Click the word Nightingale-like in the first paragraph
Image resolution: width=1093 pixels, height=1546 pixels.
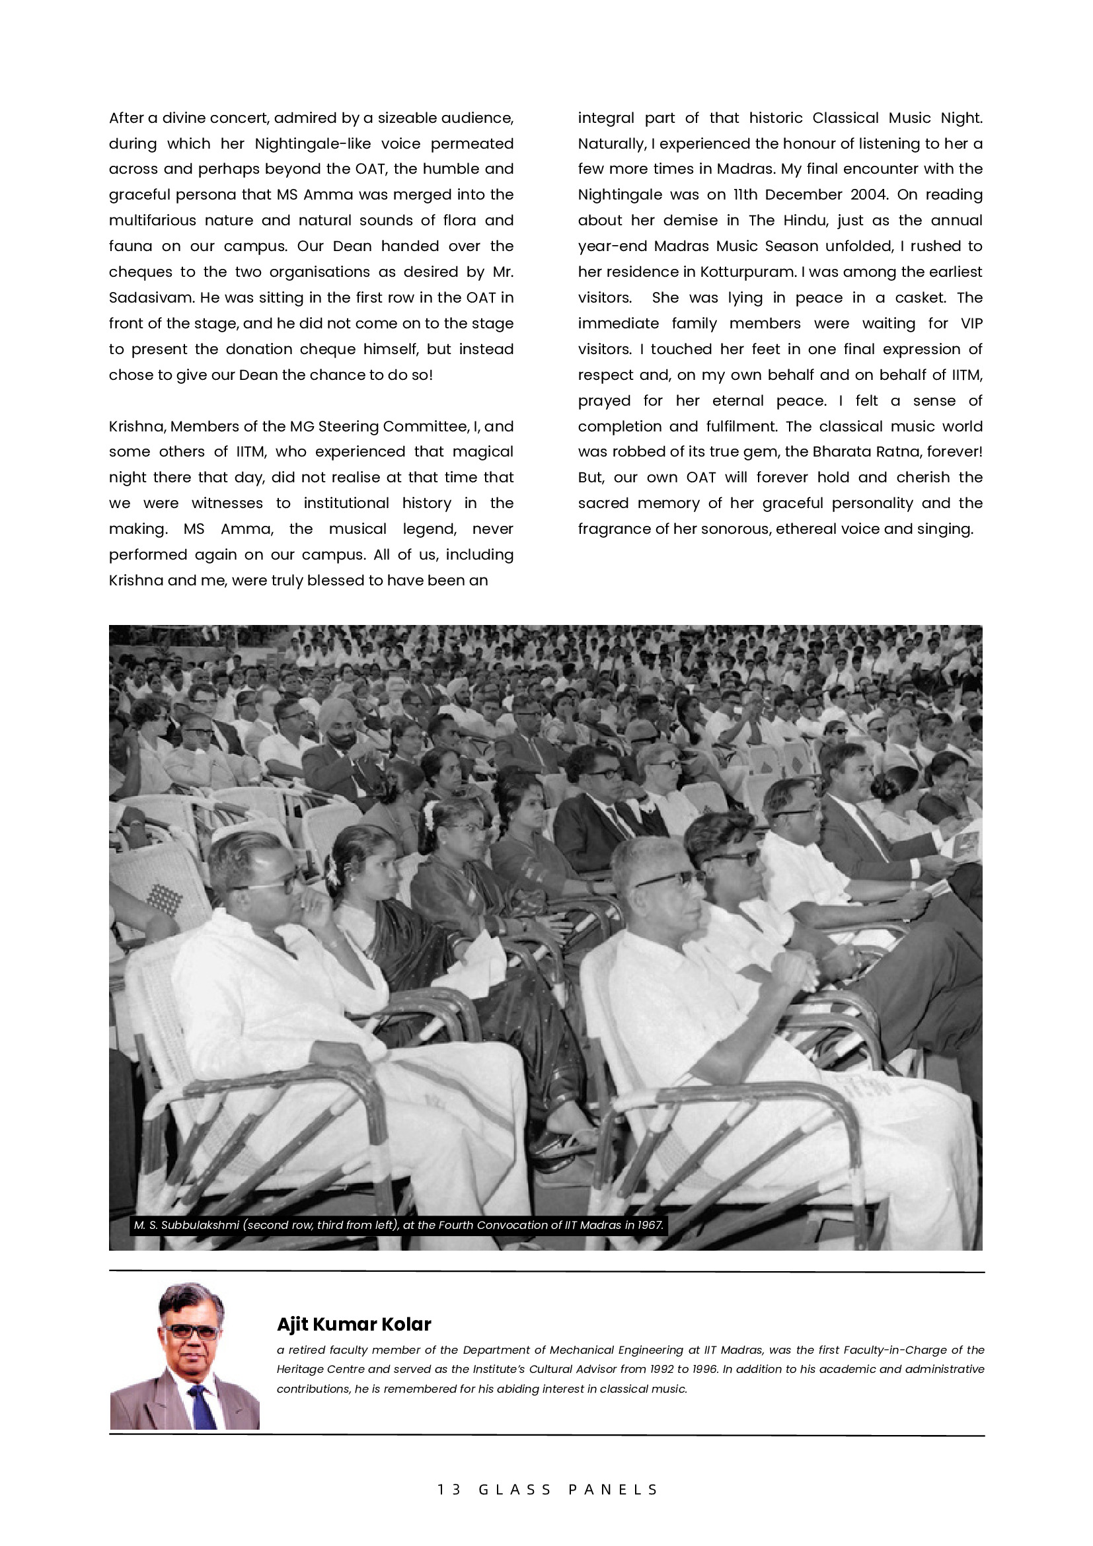tap(313, 143)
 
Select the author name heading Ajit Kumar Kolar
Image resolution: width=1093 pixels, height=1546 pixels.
tap(354, 1325)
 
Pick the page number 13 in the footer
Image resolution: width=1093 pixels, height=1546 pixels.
tap(449, 1489)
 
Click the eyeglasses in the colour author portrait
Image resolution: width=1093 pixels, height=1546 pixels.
tap(191, 1332)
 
